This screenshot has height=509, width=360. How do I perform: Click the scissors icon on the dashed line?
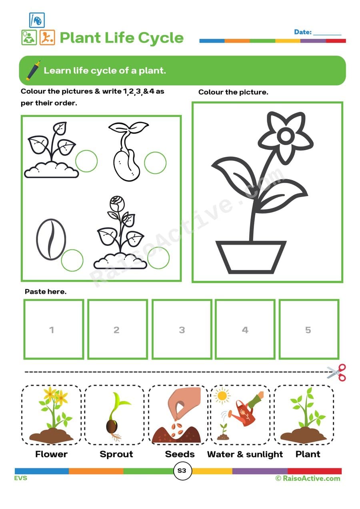pyautogui.click(x=336, y=372)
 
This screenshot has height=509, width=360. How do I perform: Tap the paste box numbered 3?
pyautogui.click(x=182, y=329)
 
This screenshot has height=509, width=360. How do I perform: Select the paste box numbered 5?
pyautogui.click(x=308, y=329)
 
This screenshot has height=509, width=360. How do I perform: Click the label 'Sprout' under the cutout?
pyautogui.click(x=116, y=454)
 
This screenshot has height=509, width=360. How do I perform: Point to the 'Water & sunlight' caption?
pyautogui.click(x=245, y=454)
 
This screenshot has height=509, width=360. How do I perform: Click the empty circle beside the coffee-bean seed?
pyautogui.click(x=72, y=260)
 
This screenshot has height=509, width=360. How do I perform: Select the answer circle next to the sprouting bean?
pyautogui.click(x=155, y=163)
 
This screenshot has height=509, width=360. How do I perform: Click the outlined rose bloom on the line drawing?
pyautogui.click(x=117, y=203)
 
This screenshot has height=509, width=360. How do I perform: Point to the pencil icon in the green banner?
pyautogui.click(x=33, y=70)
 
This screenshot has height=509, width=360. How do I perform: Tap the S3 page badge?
pyautogui.click(x=182, y=471)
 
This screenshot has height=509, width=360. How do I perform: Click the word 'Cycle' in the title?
pyautogui.click(x=161, y=38)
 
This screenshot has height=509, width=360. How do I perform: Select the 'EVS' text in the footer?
pyautogui.click(x=21, y=478)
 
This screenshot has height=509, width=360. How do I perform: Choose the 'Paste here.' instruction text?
pyautogui.click(x=46, y=291)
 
